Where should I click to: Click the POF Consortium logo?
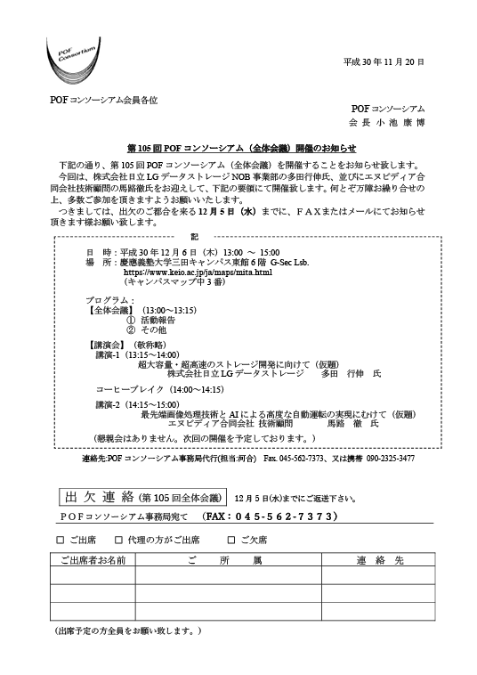[x=73, y=61]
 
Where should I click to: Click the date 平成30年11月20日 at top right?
[x=384, y=62]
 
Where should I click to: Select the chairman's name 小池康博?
[x=400, y=123]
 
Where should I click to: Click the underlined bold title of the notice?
[x=242, y=149]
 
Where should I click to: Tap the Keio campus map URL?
[x=198, y=272]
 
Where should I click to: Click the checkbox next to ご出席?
[x=61, y=540]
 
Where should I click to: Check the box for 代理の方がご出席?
[x=118, y=540]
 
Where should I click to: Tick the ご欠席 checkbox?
[x=231, y=540]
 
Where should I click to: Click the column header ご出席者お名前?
[x=93, y=560]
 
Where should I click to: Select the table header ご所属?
[x=224, y=560]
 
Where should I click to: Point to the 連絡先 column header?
[x=380, y=560]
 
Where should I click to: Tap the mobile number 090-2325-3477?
[x=391, y=459]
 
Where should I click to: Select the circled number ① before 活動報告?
[x=131, y=320]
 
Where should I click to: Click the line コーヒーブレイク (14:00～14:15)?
[x=160, y=389]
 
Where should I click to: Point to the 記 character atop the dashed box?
[x=194, y=237]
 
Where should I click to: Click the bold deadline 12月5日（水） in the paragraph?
[x=227, y=211]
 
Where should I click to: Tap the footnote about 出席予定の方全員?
[x=128, y=631]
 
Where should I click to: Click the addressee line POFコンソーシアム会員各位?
[x=103, y=101]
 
